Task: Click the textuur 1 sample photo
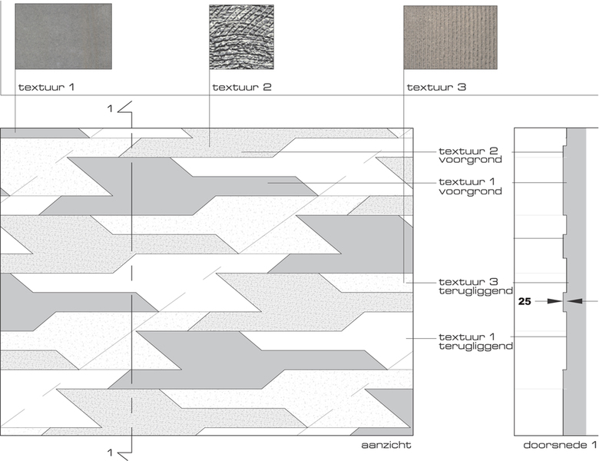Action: point(63,36)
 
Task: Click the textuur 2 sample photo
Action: point(241,36)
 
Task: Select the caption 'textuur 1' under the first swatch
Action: point(46,87)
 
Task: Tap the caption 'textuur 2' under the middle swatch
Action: point(242,87)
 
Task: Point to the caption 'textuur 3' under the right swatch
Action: point(436,87)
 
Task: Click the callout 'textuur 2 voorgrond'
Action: point(470,154)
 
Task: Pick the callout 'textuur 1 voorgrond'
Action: point(470,186)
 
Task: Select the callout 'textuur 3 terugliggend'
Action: point(475,287)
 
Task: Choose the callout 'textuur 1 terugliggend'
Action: point(475,342)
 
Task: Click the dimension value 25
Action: point(525,302)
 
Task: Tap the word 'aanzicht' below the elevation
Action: point(387,445)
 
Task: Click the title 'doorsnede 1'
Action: point(560,445)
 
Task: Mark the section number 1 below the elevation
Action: point(111,452)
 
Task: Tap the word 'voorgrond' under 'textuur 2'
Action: point(470,160)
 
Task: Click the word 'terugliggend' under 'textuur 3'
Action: point(475,292)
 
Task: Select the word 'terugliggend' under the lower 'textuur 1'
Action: point(475,347)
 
